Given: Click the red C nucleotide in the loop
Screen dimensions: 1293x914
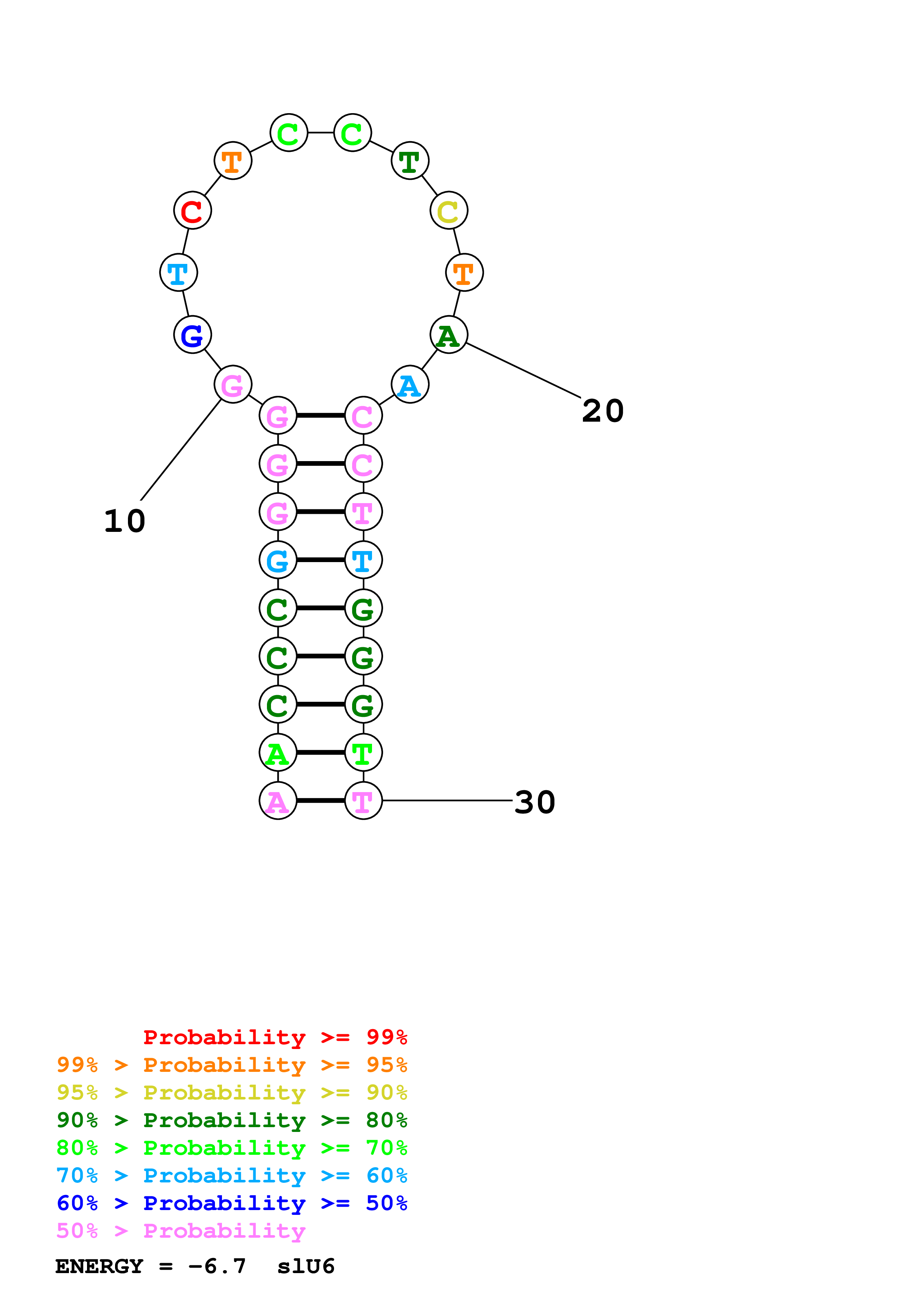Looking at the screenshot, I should [192, 210].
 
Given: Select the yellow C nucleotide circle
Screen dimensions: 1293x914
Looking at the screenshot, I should [449, 210].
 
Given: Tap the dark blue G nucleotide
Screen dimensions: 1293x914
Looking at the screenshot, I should [192, 335].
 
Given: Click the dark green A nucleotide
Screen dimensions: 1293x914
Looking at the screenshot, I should [449, 335].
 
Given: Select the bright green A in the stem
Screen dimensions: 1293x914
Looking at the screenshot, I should [278, 752].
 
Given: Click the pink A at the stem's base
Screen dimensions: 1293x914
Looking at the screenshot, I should [278, 800].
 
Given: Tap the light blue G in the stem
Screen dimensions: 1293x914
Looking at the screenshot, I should [278, 560].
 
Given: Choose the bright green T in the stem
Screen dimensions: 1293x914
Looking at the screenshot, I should [363, 752].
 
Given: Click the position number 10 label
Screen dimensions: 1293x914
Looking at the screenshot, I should [125, 521].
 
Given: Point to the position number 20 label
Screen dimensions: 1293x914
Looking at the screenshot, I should [602, 411].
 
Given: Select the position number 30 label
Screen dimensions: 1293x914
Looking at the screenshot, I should [535, 802].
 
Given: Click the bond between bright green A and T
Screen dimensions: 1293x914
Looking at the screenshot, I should [320, 752].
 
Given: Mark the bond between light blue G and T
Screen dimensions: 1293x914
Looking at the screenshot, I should [320, 560].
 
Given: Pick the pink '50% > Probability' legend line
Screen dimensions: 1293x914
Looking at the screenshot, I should [181, 1231].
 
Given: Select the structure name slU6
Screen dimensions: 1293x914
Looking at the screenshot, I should [306, 1266].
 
